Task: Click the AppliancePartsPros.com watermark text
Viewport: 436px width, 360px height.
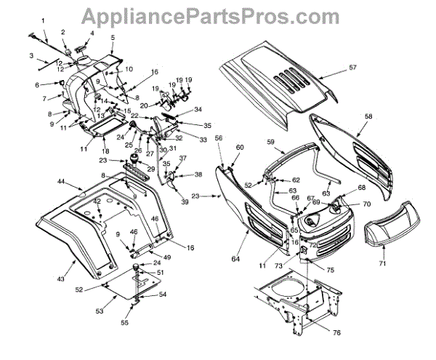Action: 218,15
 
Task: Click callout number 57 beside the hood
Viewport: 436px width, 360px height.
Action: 353,68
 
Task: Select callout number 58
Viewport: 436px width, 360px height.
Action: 368,116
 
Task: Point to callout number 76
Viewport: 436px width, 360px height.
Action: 316,332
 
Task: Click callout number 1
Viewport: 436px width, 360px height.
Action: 43,20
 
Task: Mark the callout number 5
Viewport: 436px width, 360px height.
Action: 113,37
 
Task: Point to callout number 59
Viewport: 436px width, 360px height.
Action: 270,141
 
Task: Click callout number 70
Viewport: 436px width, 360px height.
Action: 366,204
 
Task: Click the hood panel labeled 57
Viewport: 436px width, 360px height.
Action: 276,80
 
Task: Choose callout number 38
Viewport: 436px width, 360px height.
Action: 198,175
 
